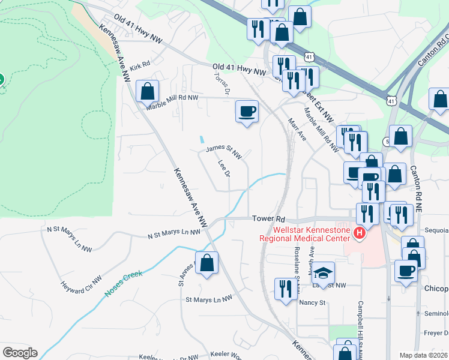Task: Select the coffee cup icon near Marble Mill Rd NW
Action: click(247, 111)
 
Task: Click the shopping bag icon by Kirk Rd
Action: click(147, 92)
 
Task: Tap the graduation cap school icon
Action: click(323, 273)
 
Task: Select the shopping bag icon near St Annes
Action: click(206, 263)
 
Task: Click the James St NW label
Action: click(223, 151)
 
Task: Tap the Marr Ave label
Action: click(297, 128)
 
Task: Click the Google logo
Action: click(20, 353)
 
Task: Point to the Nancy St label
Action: click(312, 302)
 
